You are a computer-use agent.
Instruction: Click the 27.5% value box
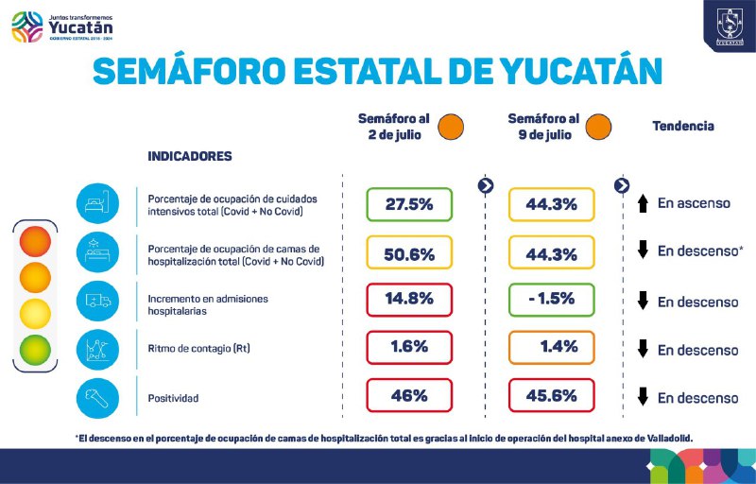pyautogui.click(x=409, y=204)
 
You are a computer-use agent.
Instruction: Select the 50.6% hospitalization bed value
pyautogui.click(x=409, y=253)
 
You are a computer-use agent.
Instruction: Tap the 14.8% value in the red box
pyautogui.click(x=409, y=299)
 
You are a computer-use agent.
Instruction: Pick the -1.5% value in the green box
pyautogui.click(x=552, y=299)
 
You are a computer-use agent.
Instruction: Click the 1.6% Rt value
pyautogui.click(x=409, y=347)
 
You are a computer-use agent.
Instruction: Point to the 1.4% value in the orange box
pyautogui.click(x=552, y=347)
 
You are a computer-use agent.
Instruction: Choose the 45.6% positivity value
pyautogui.click(x=552, y=396)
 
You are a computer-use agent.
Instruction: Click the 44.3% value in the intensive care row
pyautogui.click(x=552, y=204)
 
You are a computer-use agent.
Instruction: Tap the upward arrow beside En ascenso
pyautogui.click(x=643, y=203)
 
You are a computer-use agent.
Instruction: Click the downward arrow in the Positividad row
pyautogui.click(x=643, y=397)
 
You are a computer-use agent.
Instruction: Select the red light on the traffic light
pyautogui.click(x=35, y=240)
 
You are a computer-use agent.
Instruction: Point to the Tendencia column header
pyautogui.click(x=683, y=126)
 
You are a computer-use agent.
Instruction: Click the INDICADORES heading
pyautogui.click(x=190, y=156)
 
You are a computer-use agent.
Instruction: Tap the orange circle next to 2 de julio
pyautogui.click(x=451, y=126)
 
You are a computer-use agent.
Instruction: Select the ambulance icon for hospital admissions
pyautogui.click(x=98, y=300)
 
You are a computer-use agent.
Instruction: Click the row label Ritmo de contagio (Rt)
pyautogui.click(x=198, y=350)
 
